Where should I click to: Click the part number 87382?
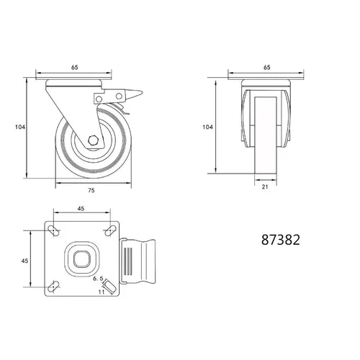(x=281, y=240)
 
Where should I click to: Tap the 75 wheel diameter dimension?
(x=91, y=190)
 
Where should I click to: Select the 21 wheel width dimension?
(x=265, y=186)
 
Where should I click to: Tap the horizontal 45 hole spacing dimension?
(x=81, y=209)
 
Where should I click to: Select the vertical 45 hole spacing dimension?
(x=24, y=261)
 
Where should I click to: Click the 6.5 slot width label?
(x=98, y=279)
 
